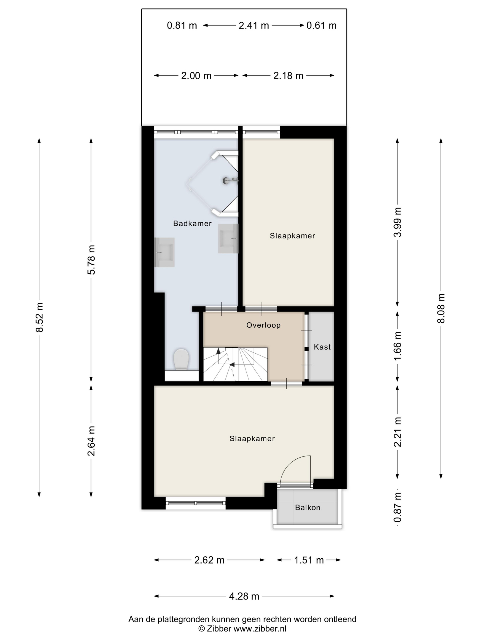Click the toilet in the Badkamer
click(x=181, y=359)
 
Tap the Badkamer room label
click(x=192, y=223)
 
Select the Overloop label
click(x=263, y=325)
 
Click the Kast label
click(x=322, y=347)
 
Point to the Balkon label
click(x=308, y=507)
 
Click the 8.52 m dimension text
click(x=39, y=317)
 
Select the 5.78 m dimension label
click(x=91, y=259)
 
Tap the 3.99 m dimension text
click(x=397, y=222)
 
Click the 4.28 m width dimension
click(x=244, y=596)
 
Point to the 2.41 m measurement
click(x=254, y=25)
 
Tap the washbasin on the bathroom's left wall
click(x=164, y=252)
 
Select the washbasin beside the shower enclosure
click(x=228, y=239)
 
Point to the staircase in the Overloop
click(x=235, y=364)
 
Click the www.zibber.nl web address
click(x=260, y=629)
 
